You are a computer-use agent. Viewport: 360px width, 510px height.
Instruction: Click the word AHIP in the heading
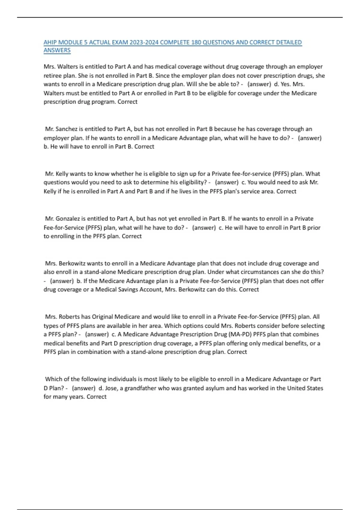[x=50, y=42]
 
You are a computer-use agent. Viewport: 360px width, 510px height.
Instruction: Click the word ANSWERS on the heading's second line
[x=57, y=50]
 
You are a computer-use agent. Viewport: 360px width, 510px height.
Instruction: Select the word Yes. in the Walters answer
[x=286, y=84]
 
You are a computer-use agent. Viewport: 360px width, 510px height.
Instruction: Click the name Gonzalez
[x=68, y=218]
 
